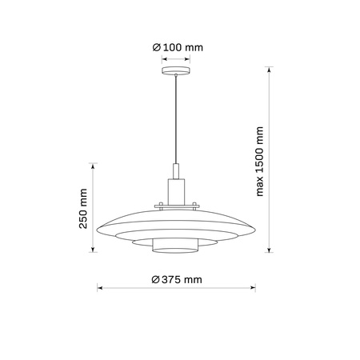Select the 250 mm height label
pyautogui.click(x=83, y=210)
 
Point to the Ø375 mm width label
pyautogui.click(x=176, y=279)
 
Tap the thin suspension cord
pyautogui.click(x=176, y=120)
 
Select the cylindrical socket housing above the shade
pyautogui.click(x=176, y=192)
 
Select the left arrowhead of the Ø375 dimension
pyautogui.click(x=100, y=288)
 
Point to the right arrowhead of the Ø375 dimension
pyautogui.click(x=252, y=288)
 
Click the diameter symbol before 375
pyautogui.click(x=155, y=279)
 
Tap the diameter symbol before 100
pyautogui.click(x=158, y=48)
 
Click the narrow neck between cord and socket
pyautogui.click(x=176, y=171)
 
